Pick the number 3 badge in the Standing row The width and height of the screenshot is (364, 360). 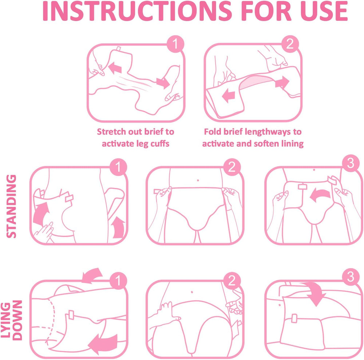point(350,164)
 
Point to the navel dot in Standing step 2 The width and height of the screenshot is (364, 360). point(197,180)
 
